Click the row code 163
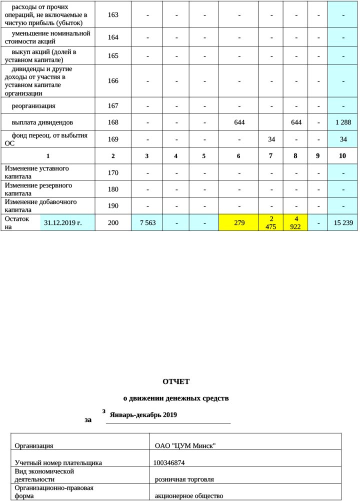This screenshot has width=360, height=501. point(113,15)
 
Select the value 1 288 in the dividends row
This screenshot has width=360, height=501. point(342,122)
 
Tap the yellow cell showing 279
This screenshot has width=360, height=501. point(238,222)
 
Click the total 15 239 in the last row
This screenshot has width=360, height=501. point(342,222)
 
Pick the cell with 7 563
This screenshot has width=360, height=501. point(146,222)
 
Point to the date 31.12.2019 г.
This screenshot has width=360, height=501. point(63,222)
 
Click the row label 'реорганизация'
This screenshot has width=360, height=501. point(33,106)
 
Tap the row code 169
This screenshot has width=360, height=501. point(113,139)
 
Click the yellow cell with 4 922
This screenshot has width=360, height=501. point(295,222)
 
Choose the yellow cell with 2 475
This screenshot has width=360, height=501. point(270,222)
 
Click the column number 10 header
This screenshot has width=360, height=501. point(342,156)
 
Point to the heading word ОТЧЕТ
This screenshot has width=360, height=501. point(176,381)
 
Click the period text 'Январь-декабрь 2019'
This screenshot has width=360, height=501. point(143,415)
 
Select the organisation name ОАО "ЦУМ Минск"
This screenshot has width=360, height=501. point(185,445)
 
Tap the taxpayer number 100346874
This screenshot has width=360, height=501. point(170,463)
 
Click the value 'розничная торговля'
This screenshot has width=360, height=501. point(184,479)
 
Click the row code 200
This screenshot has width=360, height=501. point(113,222)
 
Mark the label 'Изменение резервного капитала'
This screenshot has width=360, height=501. point(38,189)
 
